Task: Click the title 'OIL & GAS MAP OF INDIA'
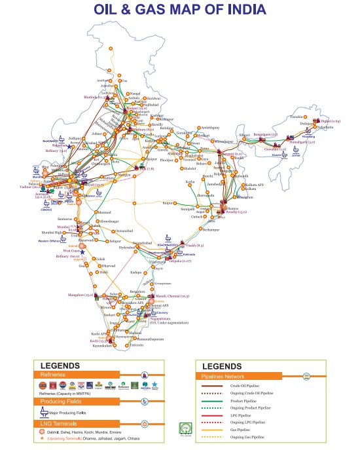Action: pos(179,10)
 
